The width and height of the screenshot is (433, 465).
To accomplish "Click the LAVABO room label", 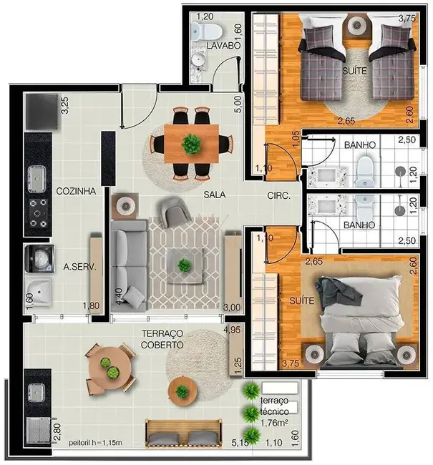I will [222, 46].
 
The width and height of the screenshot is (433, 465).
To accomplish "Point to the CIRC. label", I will [278, 195].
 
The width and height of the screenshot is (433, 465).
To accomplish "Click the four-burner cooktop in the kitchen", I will [37, 210].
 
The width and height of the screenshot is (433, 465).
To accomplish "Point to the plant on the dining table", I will [190, 144].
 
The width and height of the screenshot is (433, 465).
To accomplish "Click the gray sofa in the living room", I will [128, 264].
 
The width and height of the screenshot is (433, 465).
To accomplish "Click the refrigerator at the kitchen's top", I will [39, 110].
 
